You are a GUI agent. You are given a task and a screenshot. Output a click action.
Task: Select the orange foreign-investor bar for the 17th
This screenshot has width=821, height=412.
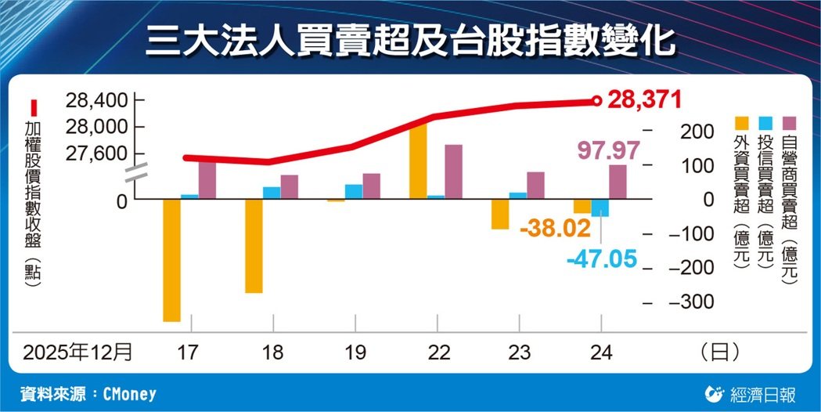(x=171, y=260)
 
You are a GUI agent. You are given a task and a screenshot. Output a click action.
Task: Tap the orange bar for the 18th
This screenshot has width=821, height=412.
(x=254, y=246)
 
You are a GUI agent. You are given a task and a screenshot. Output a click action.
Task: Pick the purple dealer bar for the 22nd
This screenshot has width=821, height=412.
(x=453, y=172)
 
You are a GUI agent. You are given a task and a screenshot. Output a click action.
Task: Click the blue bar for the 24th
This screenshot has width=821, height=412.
(x=600, y=208)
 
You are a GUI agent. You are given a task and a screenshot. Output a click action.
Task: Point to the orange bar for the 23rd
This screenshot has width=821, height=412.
(x=500, y=214)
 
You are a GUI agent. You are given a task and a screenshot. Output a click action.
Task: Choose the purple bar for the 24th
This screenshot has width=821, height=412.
(x=618, y=182)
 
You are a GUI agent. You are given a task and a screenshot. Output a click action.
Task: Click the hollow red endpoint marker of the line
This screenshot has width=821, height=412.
(x=596, y=101)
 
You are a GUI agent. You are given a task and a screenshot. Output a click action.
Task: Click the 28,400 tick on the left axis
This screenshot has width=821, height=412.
(x=96, y=100)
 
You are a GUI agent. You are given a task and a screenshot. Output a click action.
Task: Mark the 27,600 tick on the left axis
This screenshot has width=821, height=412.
(x=96, y=153)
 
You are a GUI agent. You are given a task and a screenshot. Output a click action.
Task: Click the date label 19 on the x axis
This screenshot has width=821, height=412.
(x=355, y=352)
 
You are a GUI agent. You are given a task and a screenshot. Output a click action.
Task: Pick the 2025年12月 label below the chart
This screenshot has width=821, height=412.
(x=77, y=352)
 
